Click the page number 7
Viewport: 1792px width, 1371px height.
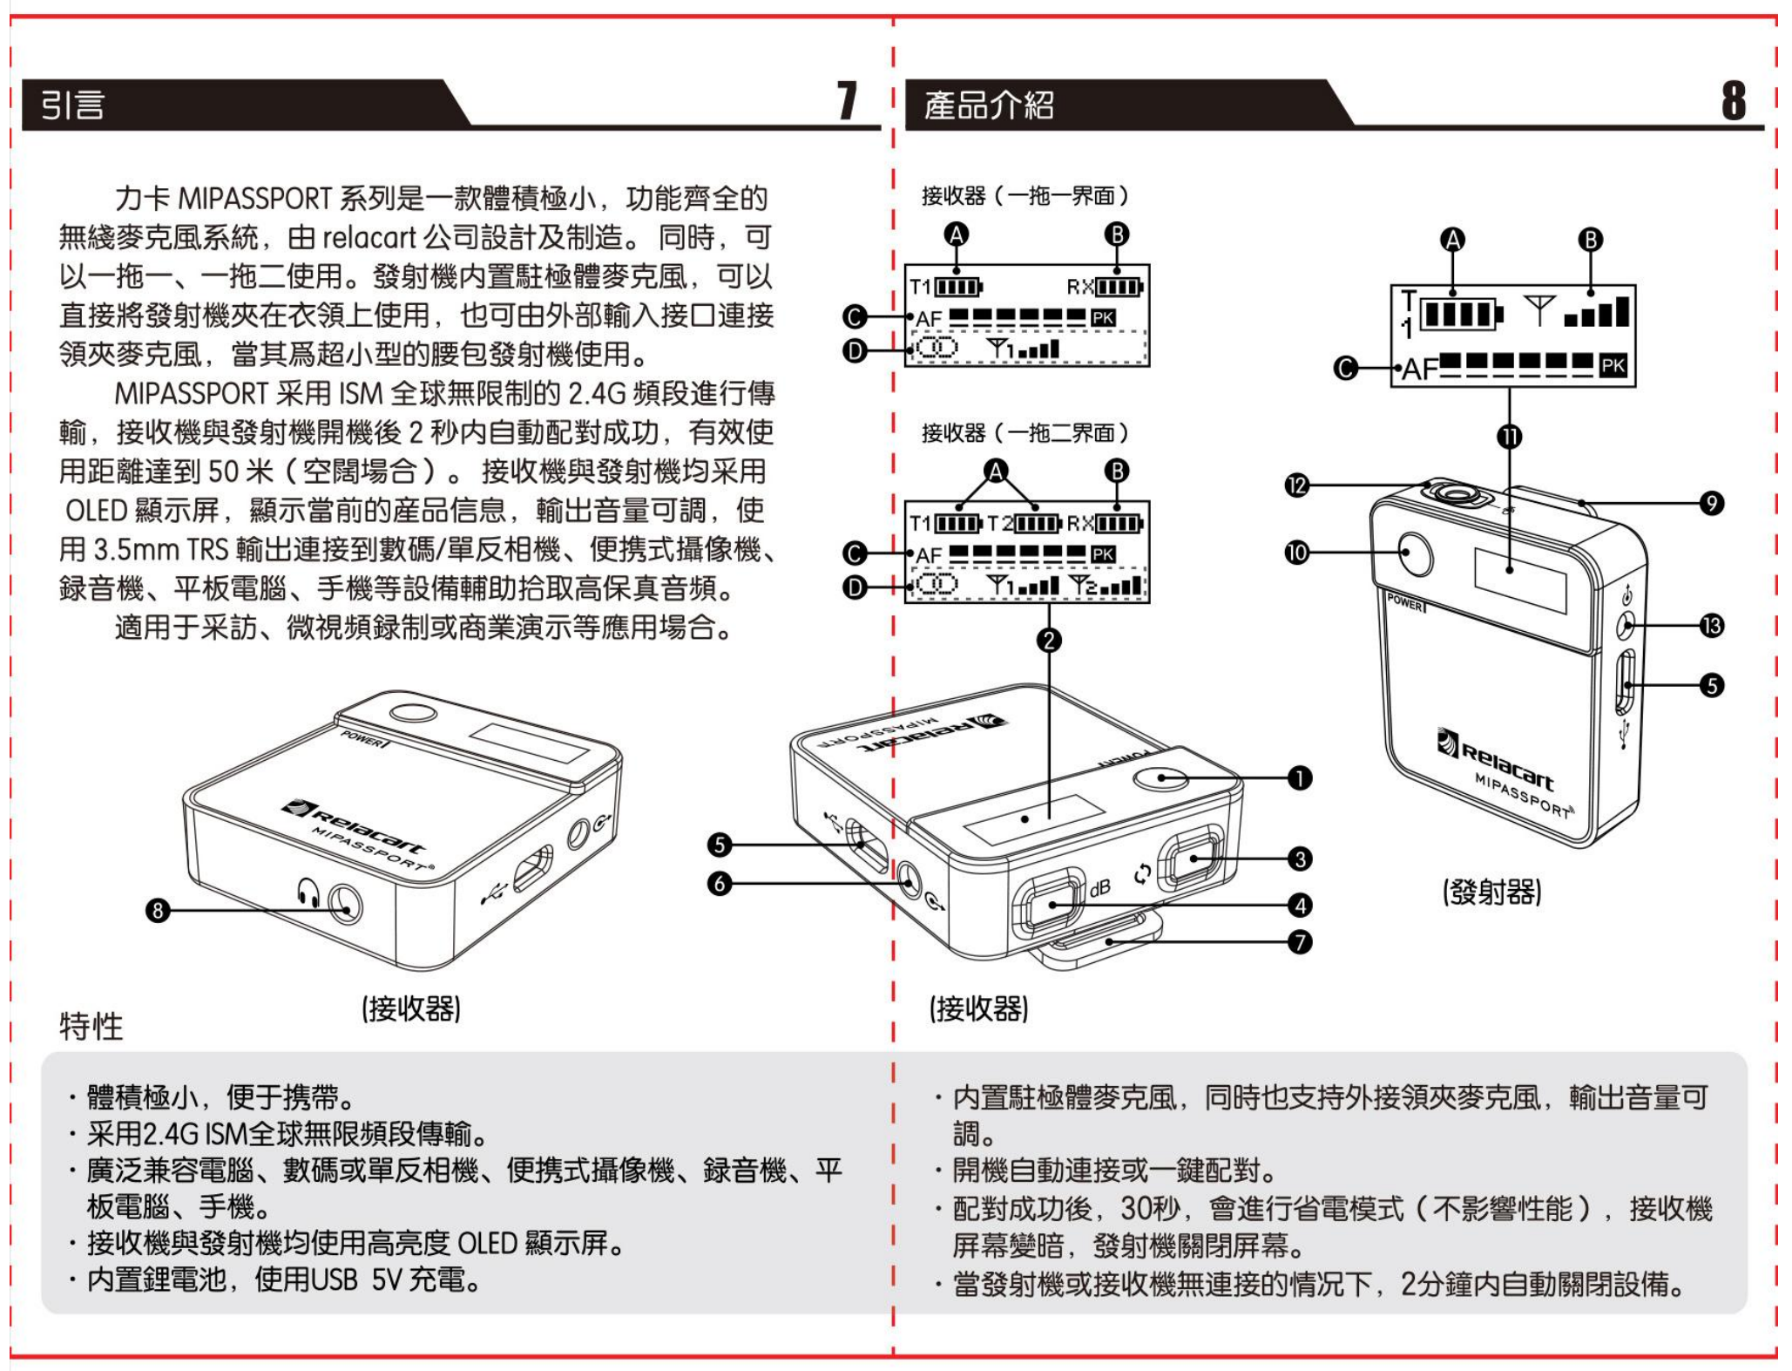coord(847,101)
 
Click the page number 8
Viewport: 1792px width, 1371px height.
coord(1733,101)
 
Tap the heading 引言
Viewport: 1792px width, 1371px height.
coord(73,105)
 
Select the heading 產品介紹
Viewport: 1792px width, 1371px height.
coord(989,105)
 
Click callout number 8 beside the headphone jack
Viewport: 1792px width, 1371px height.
coord(157,911)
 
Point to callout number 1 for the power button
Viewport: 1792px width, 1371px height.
coord(1299,778)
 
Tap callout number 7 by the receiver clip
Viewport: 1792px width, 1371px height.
coord(1299,942)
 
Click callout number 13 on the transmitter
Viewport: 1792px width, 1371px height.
coord(1711,626)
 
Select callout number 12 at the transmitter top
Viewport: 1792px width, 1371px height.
coord(1297,485)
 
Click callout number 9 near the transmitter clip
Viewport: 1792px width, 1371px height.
coord(1711,503)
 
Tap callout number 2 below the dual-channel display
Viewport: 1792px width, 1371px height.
coord(1049,641)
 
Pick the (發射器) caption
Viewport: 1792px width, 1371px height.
coord(1492,892)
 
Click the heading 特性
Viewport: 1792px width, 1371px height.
coord(91,1026)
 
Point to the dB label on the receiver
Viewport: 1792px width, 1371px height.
coord(1100,888)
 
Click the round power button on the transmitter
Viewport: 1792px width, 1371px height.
coord(1417,553)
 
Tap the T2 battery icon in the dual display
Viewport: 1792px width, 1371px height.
coord(1037,524)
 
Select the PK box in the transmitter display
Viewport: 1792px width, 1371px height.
coord(1613,366)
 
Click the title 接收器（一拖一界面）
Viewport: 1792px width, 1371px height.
coord(1024,195)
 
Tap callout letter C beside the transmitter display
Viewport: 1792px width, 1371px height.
coord(1346,369)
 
